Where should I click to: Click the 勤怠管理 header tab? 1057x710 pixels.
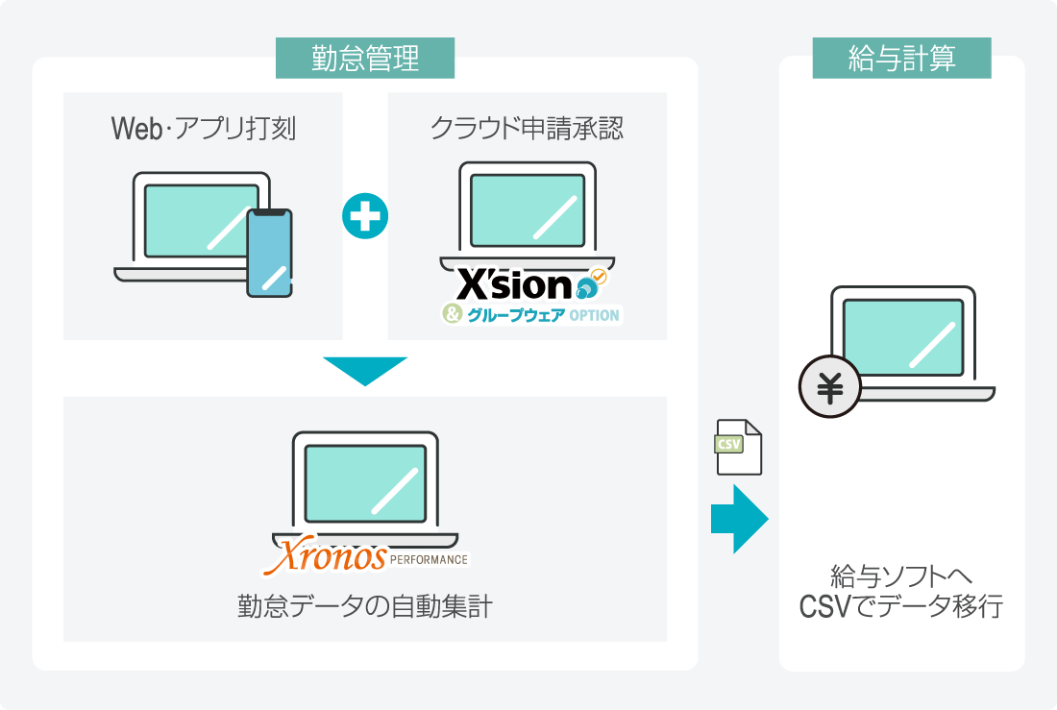365,59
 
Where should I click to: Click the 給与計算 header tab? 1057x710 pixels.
901,59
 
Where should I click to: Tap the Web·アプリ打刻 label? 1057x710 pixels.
203,129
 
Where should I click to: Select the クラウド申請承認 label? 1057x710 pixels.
527,129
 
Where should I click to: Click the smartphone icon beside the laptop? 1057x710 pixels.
269,253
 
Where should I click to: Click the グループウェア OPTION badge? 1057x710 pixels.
531,314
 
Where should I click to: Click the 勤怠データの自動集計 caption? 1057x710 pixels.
364,607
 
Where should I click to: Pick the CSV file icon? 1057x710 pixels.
738,447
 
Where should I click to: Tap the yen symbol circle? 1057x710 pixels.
829,389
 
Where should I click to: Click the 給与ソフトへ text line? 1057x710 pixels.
901,578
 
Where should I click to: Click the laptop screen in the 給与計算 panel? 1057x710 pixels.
902,337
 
